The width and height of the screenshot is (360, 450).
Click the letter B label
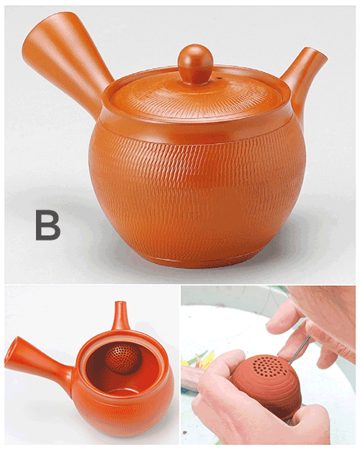[x=48, y=225]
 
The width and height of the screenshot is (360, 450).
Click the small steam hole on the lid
[x=219, y=78]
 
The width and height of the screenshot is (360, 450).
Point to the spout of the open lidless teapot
[x=121, y=316]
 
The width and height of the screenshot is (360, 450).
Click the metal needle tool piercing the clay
[x=300, y=349]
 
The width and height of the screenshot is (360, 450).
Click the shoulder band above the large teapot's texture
[x=198, y=129]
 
